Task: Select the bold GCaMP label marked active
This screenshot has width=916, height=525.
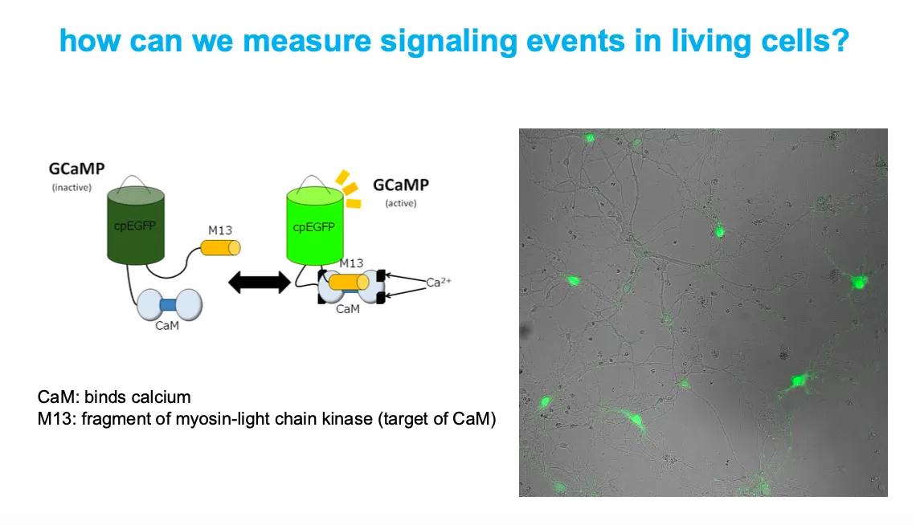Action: click(x=400, y=185)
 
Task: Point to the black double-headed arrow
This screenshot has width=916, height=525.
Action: click(x=259, y=282)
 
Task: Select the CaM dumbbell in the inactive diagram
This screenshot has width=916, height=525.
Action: click(x=170, y=305)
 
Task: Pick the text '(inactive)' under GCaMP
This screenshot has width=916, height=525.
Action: click(x=71, y=188)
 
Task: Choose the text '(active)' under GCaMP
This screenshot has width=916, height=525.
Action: click(x=400, y=203)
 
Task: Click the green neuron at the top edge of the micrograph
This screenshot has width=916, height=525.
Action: click(x=590, y=138)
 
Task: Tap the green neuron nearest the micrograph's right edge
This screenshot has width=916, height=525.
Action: click(x=859, y=282)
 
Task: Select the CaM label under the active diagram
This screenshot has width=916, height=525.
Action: click(x=347, y=309)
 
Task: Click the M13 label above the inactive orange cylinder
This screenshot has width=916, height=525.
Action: click(x=219, y=230)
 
